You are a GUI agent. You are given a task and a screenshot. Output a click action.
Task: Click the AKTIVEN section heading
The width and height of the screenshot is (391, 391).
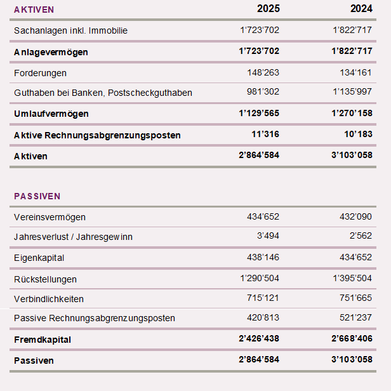click(x=34, y=10)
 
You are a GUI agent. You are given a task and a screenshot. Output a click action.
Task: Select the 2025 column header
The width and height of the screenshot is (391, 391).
click(x=268, y=9)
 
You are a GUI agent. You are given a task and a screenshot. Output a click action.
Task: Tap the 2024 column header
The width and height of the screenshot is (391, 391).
click(x=361, y=9)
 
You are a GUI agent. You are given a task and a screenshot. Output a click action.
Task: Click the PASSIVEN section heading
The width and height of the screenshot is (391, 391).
click(x=37, y=196)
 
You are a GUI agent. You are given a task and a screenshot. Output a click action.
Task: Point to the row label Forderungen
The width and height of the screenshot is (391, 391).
click(x=40, y=73)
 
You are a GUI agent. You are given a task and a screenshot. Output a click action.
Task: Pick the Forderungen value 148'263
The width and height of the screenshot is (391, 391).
click(x=263, y=73)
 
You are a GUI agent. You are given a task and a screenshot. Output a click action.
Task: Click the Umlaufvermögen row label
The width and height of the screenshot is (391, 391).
click(x=51, y=114)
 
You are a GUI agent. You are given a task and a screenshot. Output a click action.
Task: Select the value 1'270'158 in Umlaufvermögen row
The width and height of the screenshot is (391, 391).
click(x=352, y=114)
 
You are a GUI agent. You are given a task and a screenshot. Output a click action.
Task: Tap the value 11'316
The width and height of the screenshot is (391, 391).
click(x=265, y=135)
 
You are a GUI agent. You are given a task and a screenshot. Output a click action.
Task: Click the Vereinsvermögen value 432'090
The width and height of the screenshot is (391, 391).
click(x=356, y=217)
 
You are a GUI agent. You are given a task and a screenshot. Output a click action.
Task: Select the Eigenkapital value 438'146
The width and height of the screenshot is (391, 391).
click(x=263, y=258)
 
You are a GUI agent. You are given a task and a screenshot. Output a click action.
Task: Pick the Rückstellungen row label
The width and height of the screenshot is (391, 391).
click(x=45, y=279)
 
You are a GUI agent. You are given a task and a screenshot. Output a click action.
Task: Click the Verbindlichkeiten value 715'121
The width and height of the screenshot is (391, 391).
click(x=263, y=299)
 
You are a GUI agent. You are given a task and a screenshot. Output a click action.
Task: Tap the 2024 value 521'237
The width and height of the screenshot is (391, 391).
click(x=356, y=318)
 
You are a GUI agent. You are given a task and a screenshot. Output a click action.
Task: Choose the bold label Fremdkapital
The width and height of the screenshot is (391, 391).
click(x=43, y=340)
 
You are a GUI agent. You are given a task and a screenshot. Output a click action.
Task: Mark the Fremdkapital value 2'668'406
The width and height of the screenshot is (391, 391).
click(x=352, y=340)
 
